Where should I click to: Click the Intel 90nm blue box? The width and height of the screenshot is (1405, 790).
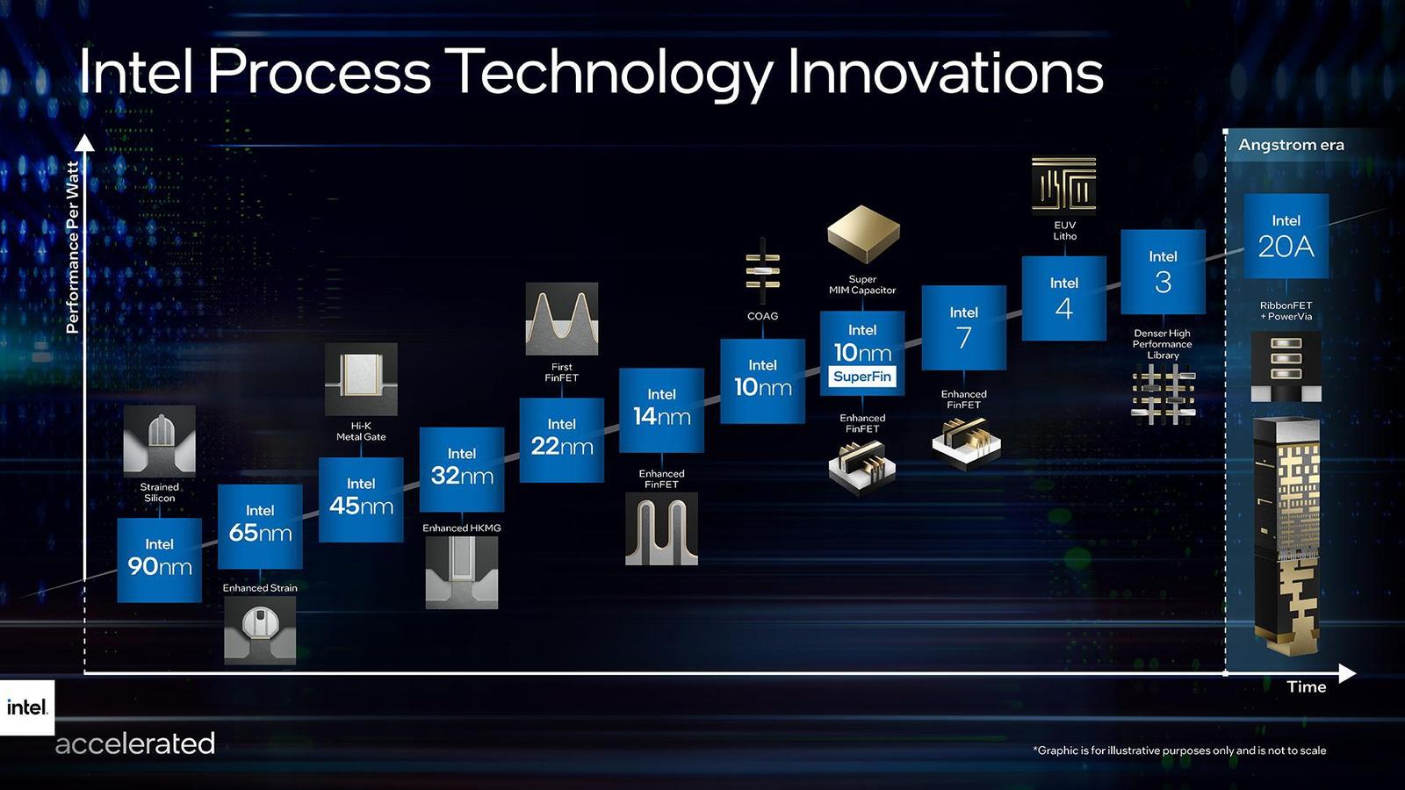click(159, 559)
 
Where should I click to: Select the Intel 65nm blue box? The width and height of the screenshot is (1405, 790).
click(260, 526)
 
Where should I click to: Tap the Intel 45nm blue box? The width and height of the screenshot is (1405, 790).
click(361, 499)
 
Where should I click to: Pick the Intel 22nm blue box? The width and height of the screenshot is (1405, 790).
click(561, 439)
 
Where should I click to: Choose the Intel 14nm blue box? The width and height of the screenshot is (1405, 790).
click(661, 409)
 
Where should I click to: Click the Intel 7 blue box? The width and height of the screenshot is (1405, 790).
click(963, 327)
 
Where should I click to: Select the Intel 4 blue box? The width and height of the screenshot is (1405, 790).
click(1063, 298)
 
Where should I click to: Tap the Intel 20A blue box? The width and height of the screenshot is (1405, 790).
click(1286, 236)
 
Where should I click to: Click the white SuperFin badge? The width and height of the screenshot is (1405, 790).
click(862, 377)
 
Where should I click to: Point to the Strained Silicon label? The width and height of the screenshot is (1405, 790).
click(159, 492)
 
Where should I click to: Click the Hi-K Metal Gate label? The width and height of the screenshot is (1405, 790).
click(361, 431)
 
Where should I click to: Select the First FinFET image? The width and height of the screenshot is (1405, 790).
click(561, 319)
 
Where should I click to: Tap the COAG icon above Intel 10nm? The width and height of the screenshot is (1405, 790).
click(762, 271)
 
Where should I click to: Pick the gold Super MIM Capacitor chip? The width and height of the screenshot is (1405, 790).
click(863, 233)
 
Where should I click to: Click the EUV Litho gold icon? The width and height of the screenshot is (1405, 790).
click(1063, 184)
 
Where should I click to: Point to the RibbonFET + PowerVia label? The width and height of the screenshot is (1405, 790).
click(1286, 311)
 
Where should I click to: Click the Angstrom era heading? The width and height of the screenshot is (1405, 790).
click(1291, 145)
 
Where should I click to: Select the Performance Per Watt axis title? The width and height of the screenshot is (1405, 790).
click(73, 247)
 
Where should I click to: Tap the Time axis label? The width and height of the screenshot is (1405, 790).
click(1306, 687)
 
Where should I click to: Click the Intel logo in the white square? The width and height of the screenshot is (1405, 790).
click(27, 707)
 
